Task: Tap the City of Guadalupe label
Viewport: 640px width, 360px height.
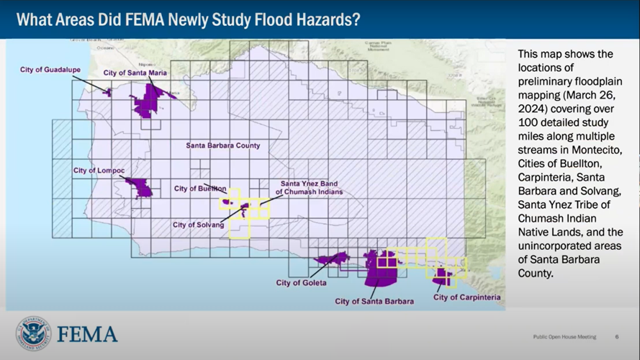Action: click(x=50, y=69)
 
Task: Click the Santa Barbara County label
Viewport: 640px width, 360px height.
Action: click(x=223, y=145)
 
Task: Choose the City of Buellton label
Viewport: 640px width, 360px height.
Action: click(x=200, y=189)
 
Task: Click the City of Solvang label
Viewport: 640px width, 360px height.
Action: click(x=197, y=225)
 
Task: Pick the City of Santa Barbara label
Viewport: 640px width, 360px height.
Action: click(x=374, y=301)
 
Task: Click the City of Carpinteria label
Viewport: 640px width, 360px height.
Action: click(x=467, y=297)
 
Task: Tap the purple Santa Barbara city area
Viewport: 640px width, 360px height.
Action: click(x=379, y=268)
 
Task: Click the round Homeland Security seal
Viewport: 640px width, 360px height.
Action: click(x=33, y=333)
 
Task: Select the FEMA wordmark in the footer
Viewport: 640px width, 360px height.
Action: click(x=87, y=334)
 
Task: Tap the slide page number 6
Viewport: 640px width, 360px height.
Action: click(x=617, y=336)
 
